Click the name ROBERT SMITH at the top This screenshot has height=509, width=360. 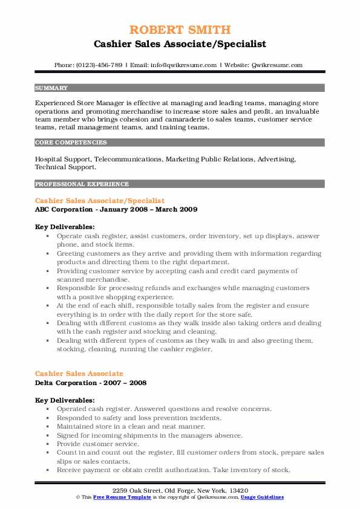click(x=180, y=30)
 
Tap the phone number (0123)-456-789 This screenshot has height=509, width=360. click(x=97, y=65)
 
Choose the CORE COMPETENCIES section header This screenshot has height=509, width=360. click(x=71, y=143)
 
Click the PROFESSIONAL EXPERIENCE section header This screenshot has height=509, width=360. click(x=82, y=184)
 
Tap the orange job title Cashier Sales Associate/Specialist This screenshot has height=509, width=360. click(x=100, y=200)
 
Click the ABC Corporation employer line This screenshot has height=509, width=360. click(x=116, y=209)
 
